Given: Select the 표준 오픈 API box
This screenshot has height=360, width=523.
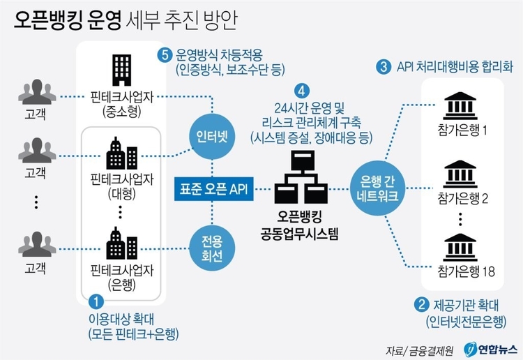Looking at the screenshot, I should (213, 188).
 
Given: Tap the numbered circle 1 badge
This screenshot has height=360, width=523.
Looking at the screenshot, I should (98, 302).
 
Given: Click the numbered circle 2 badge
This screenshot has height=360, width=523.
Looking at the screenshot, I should (422, 303).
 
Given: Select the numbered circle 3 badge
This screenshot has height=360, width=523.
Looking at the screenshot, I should (383, 68).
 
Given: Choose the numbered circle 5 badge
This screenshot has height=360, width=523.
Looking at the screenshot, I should (164, 54).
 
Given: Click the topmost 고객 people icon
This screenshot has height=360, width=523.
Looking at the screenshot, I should (33, 93).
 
